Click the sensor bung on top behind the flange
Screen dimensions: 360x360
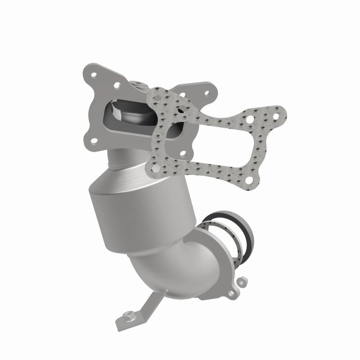136,84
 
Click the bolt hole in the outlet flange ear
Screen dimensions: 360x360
232,293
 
